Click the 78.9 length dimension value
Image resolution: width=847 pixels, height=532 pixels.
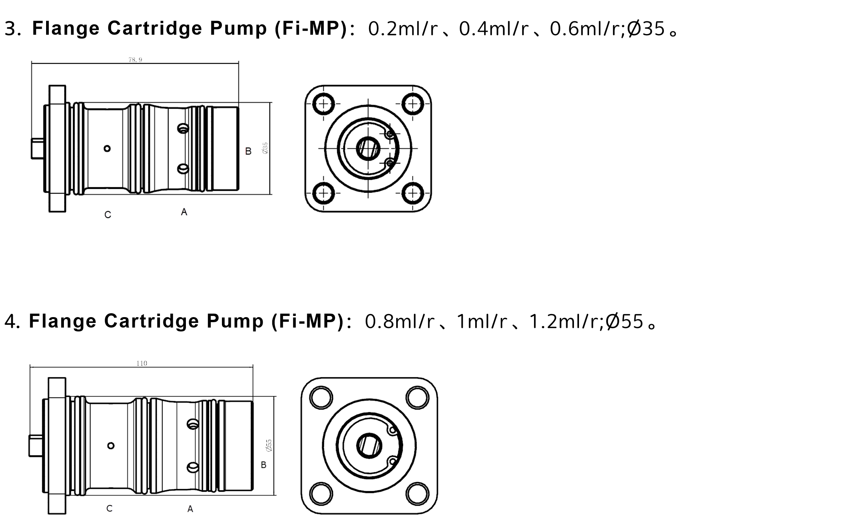135,60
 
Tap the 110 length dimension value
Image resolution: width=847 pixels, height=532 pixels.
142,363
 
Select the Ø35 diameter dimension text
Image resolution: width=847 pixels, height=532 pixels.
265,148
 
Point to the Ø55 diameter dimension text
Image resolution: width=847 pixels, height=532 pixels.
269,445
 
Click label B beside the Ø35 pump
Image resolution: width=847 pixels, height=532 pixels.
248,151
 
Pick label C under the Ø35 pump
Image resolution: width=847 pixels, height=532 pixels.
108,215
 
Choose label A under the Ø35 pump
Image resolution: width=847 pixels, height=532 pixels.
184,212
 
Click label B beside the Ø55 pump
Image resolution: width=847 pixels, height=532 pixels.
263,465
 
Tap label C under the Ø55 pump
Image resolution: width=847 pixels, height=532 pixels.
109,508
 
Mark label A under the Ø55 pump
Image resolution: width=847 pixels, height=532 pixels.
190,509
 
